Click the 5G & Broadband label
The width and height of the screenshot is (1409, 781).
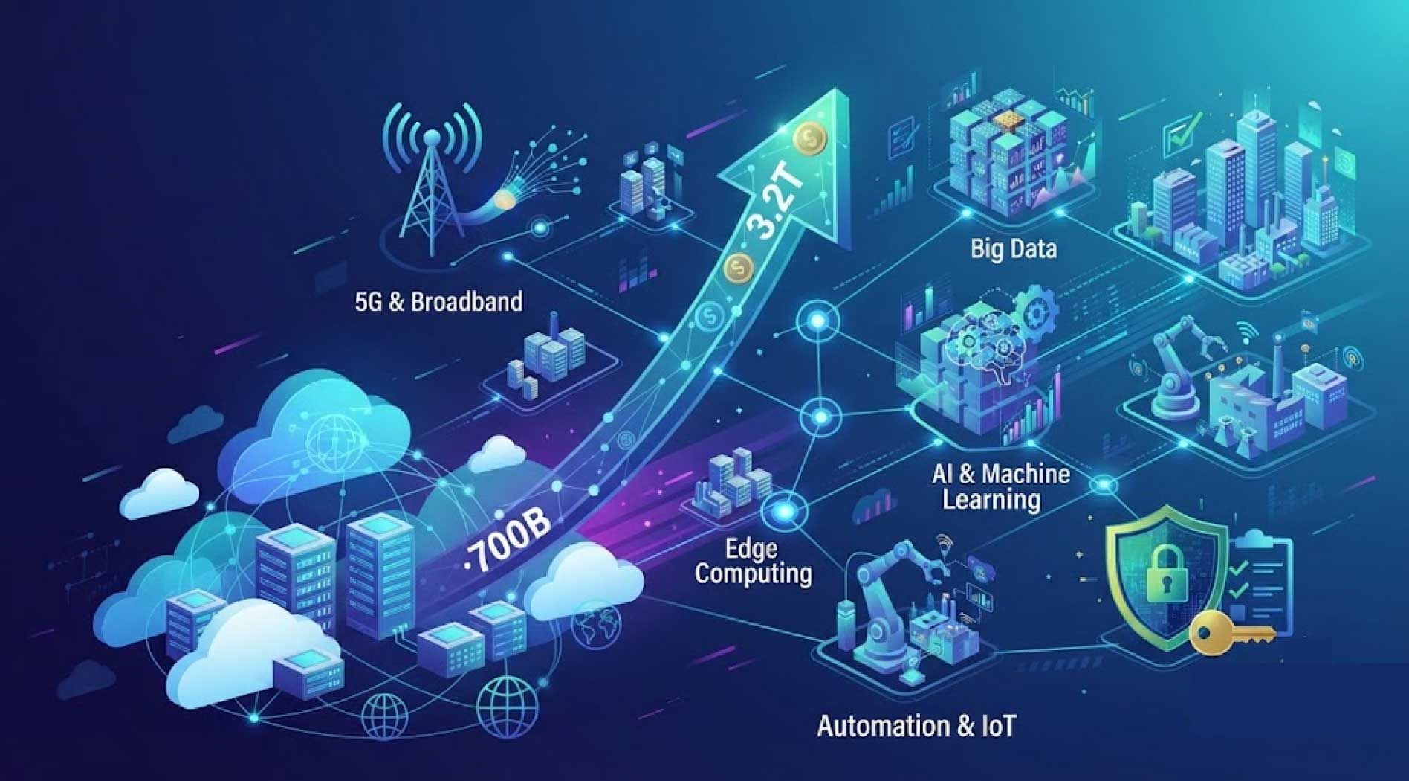coord(439,302)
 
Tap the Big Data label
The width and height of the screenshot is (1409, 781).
coord(1014,248)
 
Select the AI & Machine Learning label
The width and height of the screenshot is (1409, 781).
coord(1001,486)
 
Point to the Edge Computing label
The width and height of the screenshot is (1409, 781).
coord(754,562)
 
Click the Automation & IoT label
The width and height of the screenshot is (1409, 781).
coord(916,726)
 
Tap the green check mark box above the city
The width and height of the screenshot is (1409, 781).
coord(1176,136)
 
